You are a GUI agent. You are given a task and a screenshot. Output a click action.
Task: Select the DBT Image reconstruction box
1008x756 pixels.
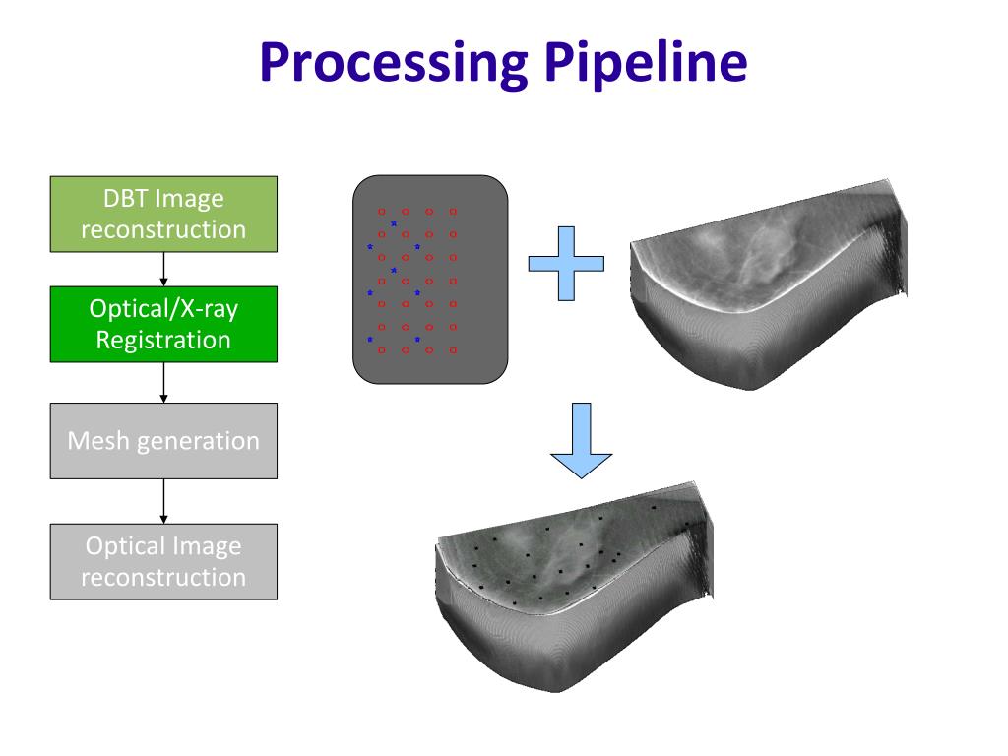click(163, 214)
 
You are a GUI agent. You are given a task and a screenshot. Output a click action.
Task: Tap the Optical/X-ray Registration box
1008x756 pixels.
click(163, 324)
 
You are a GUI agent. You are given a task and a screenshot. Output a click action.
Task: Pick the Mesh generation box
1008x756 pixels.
click(163, 440)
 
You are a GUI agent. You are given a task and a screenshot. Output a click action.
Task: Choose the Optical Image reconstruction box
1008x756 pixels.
click(163, 561)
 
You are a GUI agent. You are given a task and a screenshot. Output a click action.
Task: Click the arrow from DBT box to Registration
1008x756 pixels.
click(163, 268)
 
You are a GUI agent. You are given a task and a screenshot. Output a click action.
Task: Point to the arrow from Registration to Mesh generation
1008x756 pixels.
click(163, 382)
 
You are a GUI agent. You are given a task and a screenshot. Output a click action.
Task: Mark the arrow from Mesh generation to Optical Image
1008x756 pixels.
click(163, 500)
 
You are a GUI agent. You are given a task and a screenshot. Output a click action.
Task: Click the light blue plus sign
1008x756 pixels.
click(566, 263)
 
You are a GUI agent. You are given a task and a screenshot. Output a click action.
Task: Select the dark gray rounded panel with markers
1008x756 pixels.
click(430, 278)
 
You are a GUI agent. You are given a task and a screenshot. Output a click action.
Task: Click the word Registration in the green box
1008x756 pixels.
click(163, 340)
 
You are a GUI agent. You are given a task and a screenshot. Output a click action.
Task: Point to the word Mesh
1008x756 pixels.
click(98, 440)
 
